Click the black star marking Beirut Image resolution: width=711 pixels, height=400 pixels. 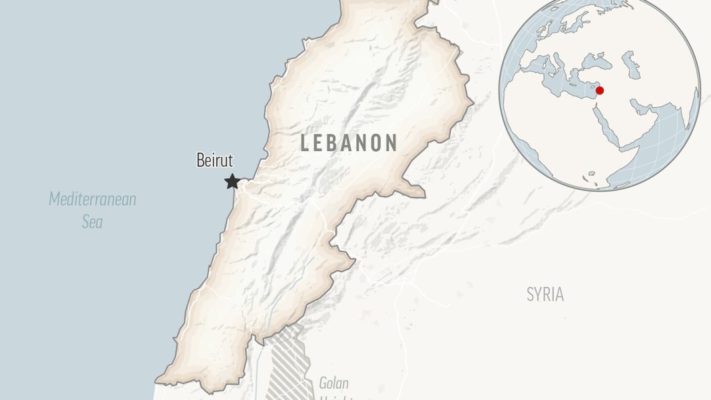click(x=232, y=181)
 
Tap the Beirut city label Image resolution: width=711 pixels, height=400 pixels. click(x=214, y=160)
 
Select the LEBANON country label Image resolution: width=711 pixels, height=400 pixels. click(x=349, y=142)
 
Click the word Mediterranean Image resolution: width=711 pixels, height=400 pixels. click(x=93, y=199)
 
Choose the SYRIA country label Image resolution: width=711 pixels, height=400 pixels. click(x=545, y=294)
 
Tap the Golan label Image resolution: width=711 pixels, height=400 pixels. click(x=334, y=383)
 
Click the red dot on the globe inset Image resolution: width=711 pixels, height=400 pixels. click(x=600, y=91)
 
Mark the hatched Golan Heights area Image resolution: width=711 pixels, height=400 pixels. click(x=290, y=363)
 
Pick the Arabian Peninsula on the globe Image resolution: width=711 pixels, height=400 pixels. click(x=629, y=126)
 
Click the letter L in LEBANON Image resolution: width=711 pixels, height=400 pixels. click(x=306, y=142)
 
